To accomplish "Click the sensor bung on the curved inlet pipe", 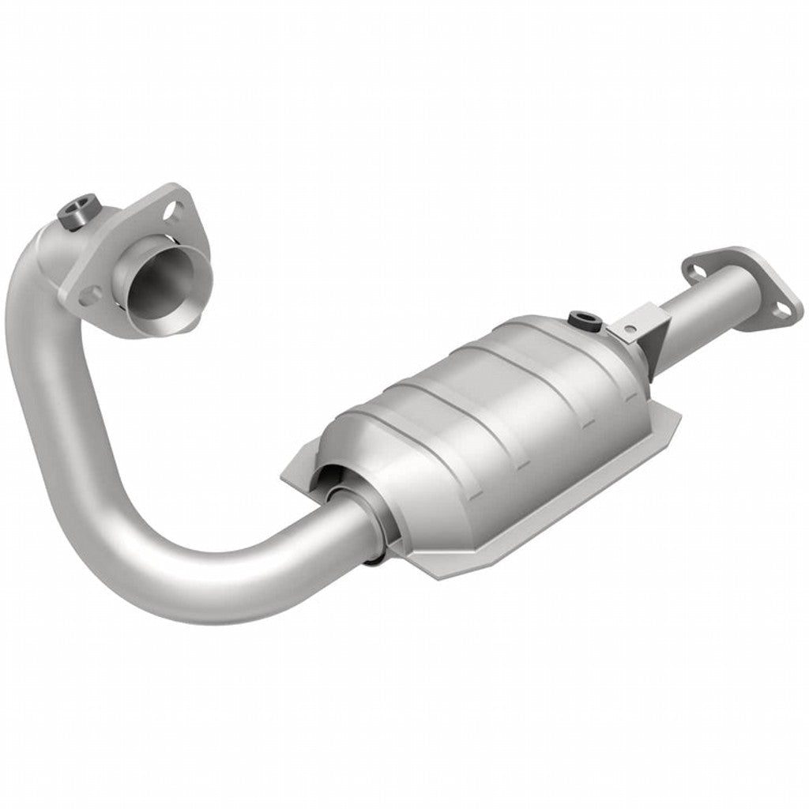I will pos(77,211).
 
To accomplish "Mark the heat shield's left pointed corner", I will pos(282,479).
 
